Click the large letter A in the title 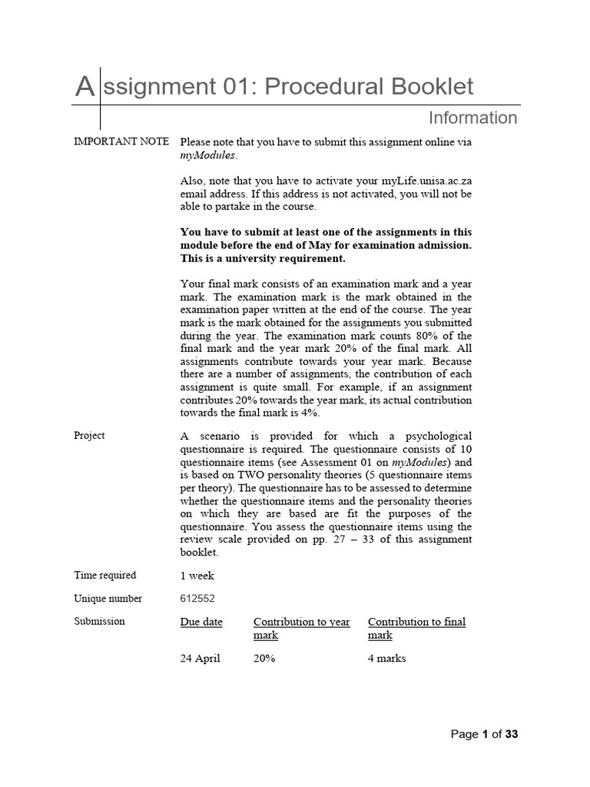(x=85, y=87)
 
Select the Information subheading (x=472, y=118)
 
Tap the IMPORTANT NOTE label (x=121, y=142)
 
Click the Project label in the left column (x=89, y=436)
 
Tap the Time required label (x=105, y=575)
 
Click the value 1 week (x=197, y=576)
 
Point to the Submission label (x=99, y=621)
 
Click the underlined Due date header (x=201, y=622)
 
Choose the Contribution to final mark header (x=416, y=628)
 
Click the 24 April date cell (x=200, y=659)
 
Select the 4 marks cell (x=386, y=659)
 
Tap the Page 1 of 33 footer (x=484, y=734)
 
